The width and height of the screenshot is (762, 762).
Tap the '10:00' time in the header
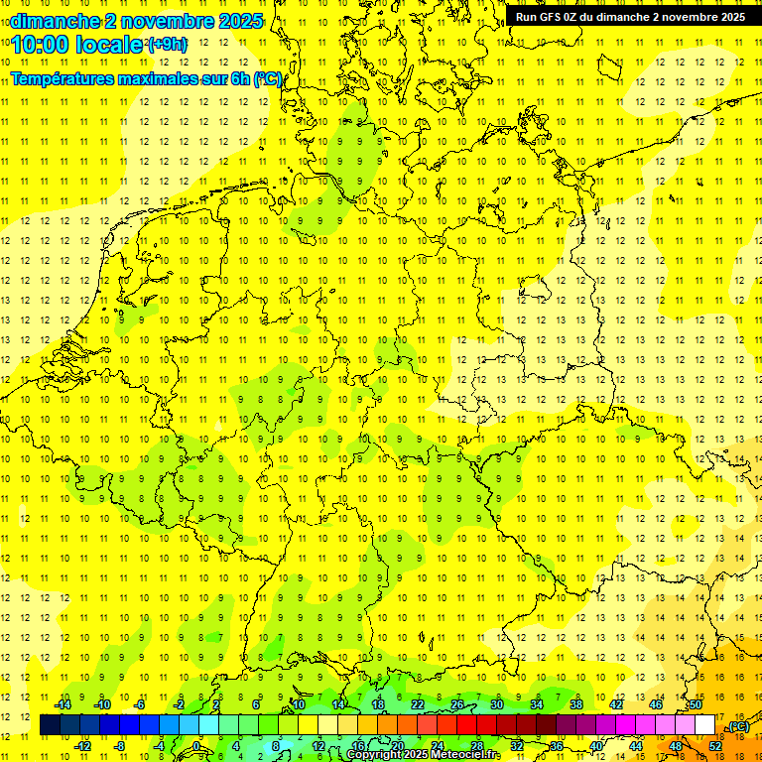click(41, 45)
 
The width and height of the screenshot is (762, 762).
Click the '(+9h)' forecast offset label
click(166, 44)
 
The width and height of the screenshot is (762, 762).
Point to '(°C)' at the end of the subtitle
click(268, 79)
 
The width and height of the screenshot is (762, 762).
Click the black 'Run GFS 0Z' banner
click(631, 17)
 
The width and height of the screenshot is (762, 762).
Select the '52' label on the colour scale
click(715, 746)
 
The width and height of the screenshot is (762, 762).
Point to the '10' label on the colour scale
click(298, 704)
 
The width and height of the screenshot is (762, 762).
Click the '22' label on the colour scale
click(417, 704)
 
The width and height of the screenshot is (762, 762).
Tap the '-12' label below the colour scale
click(83, 746)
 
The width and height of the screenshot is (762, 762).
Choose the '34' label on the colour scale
click(537, 704)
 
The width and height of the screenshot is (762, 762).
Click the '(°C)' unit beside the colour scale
click(737, 726)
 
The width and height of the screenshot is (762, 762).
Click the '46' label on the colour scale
click(656, 704)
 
